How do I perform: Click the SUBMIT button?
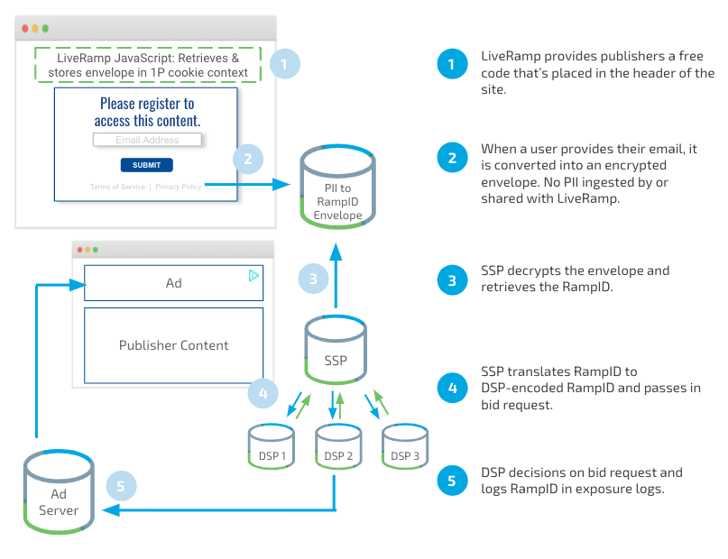pyautogui.click(x=147, y=165)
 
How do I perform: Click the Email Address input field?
pyautogui.click(x=147, y=140)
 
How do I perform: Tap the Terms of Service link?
pyautogui.click(x=117, y=187)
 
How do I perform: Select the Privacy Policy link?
pyautogui.click(x=179, y=187)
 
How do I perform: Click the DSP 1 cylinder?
pyautogui.click(x=272, y=445)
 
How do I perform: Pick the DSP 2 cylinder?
pyautogui.click(x=338, y=445)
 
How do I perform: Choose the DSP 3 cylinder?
pyautogui.click(x=405, y=445)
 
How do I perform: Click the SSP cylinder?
pyautogui.click(x=336, y=349)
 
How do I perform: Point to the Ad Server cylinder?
pyautogui.click(x=59, y=491)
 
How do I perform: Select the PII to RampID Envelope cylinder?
pyautogui.click(x=337, y=187)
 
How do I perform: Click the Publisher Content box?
pyautogui.click(x=173, y=345)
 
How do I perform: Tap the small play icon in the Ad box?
pyautogui.click(x=253, y=276)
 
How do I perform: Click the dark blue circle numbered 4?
pyautogui.click(x=452, y=388)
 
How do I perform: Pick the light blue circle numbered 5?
pyautogui.click(x=121, y=486)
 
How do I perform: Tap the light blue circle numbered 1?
pyautogui.click(x=284, y=63)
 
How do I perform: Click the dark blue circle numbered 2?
pyautogui.click(x=452, y=158)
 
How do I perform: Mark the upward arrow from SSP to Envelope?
pyautogui.click(x=336, y=275)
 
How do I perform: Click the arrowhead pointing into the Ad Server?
pyautogui.click(x=110, y=510)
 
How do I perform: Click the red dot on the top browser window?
pyautogui.click(x=25, y=29)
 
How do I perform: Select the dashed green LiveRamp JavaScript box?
pyautogui.click(x=148, y=65)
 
